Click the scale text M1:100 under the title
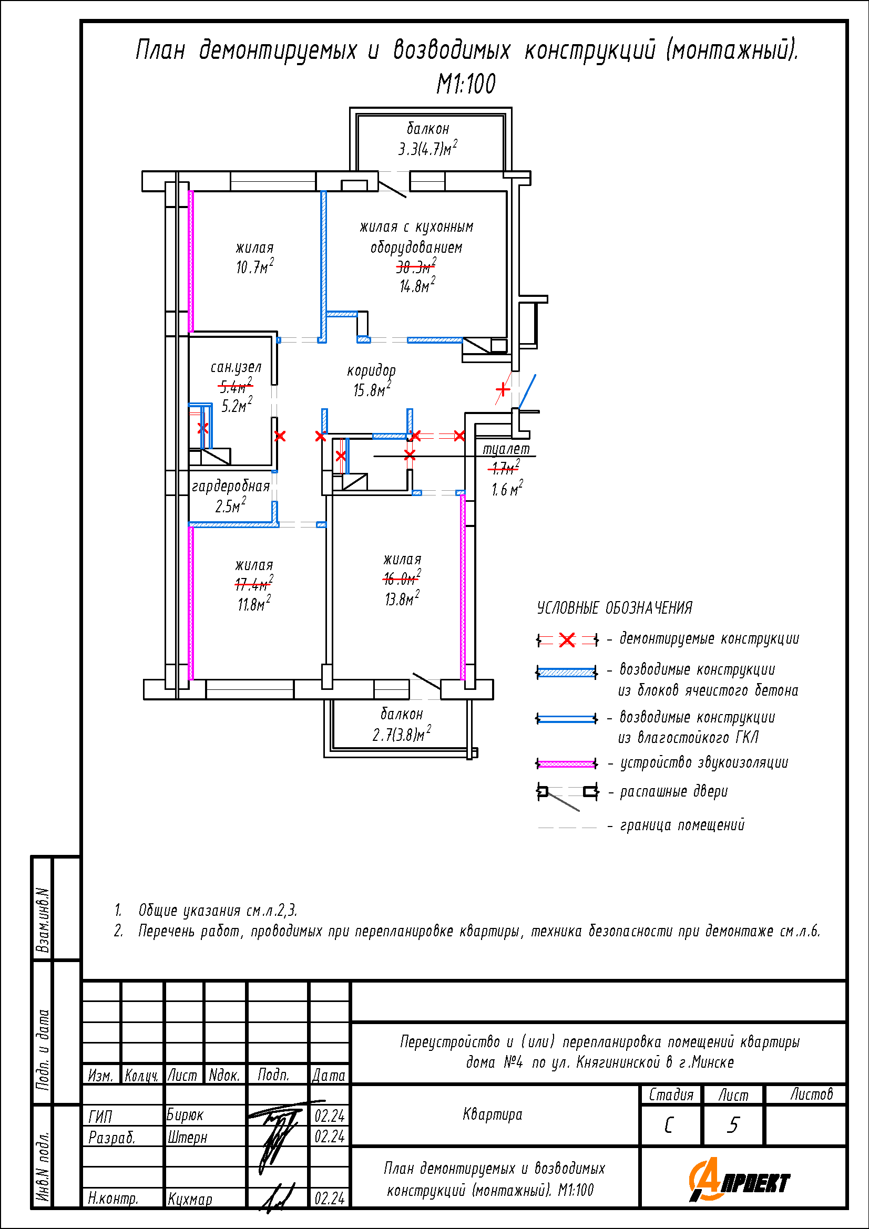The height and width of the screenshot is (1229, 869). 466,84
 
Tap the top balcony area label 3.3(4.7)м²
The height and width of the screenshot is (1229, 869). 427,148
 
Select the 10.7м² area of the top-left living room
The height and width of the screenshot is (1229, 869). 255,266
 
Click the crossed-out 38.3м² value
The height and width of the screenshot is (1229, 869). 416,266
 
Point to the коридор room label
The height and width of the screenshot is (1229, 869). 372,370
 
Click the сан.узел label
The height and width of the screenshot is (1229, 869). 236,367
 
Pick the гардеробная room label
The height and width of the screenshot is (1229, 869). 231,486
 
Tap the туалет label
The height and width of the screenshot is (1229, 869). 506,449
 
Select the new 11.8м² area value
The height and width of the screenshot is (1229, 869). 254,604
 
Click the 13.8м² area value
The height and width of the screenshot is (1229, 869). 402,598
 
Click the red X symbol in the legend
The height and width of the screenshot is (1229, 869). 567,639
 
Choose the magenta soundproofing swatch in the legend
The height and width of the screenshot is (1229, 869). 567,764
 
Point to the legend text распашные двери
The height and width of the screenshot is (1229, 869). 673,792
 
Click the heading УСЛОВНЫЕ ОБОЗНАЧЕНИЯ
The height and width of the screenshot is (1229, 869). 615,608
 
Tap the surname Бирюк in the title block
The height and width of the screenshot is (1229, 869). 185,1116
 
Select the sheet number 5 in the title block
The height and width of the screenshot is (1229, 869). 733,1125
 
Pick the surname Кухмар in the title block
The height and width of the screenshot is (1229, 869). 190,1199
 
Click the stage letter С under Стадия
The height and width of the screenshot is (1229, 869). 669,1125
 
